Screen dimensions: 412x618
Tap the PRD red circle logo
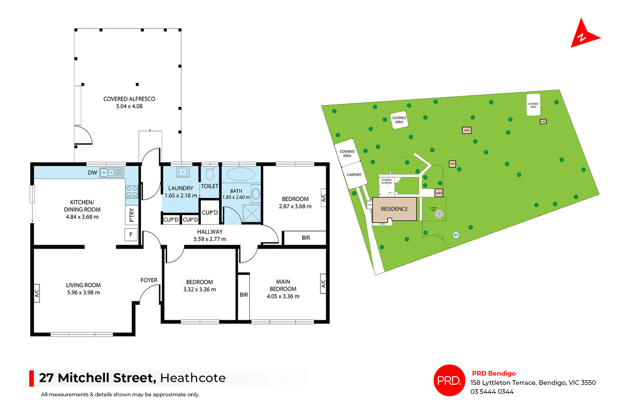coord(449,380)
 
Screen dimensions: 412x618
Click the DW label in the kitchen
coord(92,173)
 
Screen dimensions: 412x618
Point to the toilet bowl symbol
coord(210,174)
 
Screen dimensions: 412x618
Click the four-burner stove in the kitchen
coord(132,191)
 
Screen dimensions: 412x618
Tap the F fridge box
coord(131,234)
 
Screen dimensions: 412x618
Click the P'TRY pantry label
coord(131,215)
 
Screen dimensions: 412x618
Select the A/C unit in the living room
coord(37,293)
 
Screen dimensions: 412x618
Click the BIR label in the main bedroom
coord(244,295)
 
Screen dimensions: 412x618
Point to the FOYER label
coord(149,280)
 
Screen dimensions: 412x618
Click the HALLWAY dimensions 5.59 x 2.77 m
coord(210,239)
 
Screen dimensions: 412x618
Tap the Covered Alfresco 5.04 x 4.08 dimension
coord(129,106)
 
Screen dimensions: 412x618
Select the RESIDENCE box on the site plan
coord(394,209)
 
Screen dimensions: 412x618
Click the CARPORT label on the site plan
coord(354,175)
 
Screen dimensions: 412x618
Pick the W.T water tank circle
coord(456,235)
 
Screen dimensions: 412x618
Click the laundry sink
coord(183,172)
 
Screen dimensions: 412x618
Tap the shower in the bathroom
coord(251,213)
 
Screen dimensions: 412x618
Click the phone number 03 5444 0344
coord(492,391)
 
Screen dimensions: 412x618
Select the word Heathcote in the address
coord(193,378)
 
